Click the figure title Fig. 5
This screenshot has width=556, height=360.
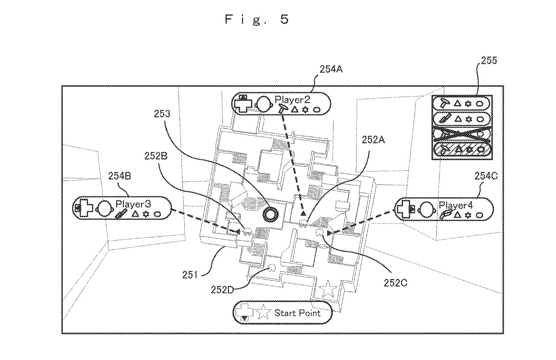257,19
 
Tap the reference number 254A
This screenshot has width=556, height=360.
331,69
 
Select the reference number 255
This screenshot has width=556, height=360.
489,61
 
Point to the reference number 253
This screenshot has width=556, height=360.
162,114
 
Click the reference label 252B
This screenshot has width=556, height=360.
156,156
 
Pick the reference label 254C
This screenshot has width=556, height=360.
486,176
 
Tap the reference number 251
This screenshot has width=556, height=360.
190,275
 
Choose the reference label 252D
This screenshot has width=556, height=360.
222,290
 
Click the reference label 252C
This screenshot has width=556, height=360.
396,283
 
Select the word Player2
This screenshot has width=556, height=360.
293,100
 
